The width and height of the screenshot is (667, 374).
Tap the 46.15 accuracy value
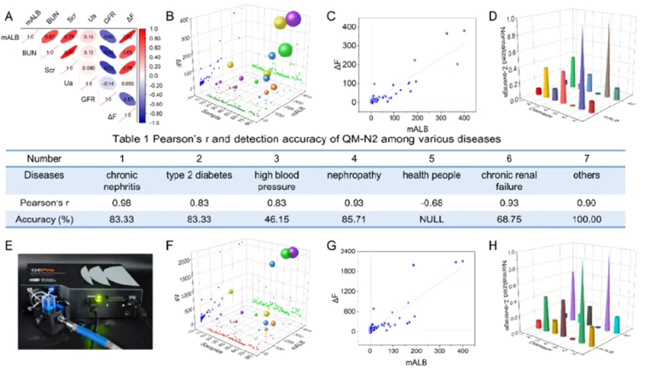tap(268, 220)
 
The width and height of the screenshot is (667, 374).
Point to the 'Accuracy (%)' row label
tap(48, 220)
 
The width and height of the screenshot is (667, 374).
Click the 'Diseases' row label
tap(48, 176)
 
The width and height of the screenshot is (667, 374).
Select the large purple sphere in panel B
tap(293, 18)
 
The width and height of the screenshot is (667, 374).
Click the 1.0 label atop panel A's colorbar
tap(154, 27)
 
